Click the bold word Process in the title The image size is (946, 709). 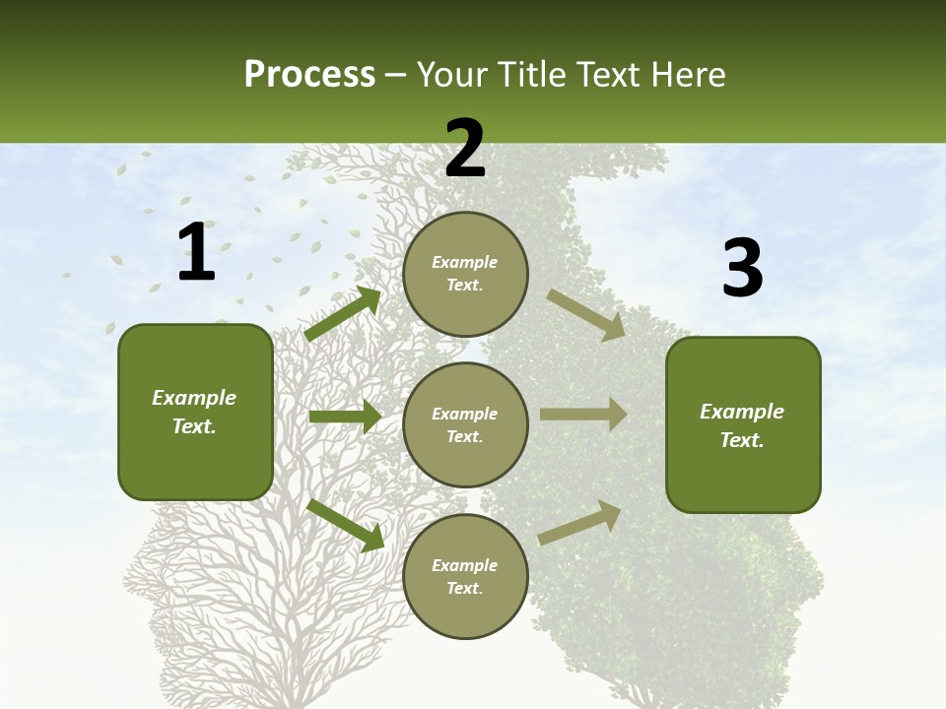coord(309,74)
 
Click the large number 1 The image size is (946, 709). coord(196,252)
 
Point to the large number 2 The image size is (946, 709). coord(465,149)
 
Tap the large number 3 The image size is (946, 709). coord(742,268)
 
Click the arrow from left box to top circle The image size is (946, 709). coord(343,314)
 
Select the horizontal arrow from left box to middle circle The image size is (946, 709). coord(345,417)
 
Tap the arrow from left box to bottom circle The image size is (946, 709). coord(345,525)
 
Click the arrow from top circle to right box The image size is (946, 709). coord(585,314)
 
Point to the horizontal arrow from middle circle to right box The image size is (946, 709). coord(583,415)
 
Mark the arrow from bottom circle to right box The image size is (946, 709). coord(580,522)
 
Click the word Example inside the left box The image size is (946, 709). coord(194,398)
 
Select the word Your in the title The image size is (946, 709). coord(449,74)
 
